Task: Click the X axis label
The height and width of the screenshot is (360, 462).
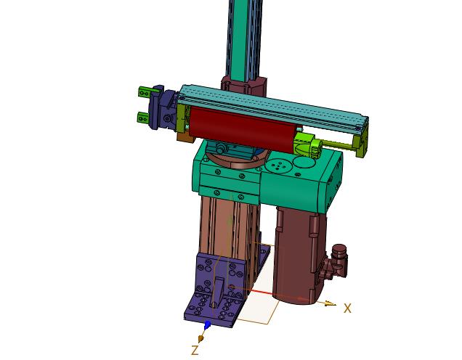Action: click(x=348, y=308)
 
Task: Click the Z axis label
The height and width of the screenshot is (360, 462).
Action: click(x=195, y=351)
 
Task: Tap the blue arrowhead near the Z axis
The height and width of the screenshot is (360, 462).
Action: click(x=208, y=325)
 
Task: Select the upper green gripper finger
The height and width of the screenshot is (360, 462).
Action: click(x=145, y=92)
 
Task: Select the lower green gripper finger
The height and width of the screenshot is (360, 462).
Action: click(x=144, y=118)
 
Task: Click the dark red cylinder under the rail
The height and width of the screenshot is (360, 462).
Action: click(x=242, y=128)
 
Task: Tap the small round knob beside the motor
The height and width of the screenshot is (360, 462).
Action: click(x=339, y=253)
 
